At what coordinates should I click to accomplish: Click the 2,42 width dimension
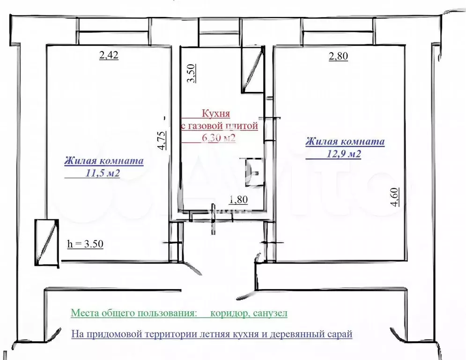click(x=109, y=56)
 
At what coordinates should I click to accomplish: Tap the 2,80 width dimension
click(x=338, y=57)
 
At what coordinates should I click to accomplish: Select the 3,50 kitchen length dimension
click(x=191, y=74)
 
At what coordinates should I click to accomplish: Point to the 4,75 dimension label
click(x=162, y=141)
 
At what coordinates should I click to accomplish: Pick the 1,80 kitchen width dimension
click(x=238, y=200)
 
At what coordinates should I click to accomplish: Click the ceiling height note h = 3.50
click(x=85, y=244)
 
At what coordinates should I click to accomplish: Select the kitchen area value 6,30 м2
click(x=218, y=138)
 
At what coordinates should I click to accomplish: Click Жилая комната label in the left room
click(x=104, y=161)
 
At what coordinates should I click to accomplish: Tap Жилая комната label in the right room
click(x=345, y=142)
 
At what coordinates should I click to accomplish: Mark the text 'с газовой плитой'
click(x=219, y=126)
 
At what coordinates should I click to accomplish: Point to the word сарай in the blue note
click(x=340, y=334)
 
